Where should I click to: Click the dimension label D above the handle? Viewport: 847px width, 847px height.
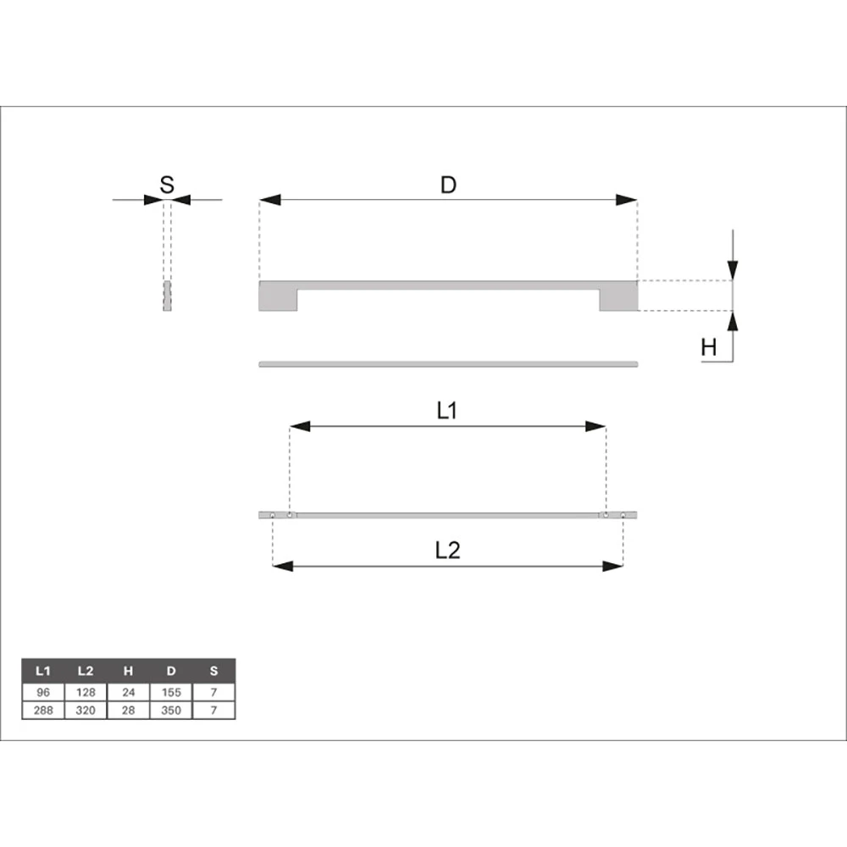[448, 185]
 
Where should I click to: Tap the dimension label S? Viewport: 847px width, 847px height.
[167, 185]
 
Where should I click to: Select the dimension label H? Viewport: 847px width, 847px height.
[709, 347]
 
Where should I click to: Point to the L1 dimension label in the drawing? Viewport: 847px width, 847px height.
[446, 411]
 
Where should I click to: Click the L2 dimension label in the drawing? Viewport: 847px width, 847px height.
[448, 551]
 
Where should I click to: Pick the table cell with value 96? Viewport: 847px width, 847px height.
[43, 693]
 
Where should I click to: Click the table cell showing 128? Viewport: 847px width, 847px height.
[86, 693]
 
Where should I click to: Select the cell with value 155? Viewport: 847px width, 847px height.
[171, 693]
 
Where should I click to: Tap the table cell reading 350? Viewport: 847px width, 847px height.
[171, 711]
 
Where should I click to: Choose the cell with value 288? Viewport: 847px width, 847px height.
[43, 711]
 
